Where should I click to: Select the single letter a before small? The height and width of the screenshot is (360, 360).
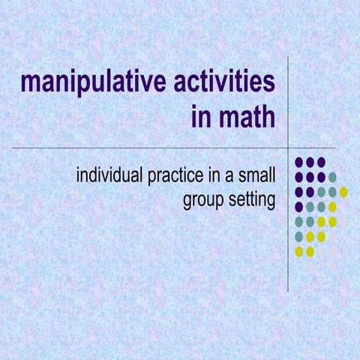235,178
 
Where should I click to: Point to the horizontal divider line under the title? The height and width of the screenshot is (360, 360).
150,148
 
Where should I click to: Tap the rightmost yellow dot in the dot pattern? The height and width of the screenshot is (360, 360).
343,192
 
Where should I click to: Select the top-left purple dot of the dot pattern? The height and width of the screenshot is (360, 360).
299,162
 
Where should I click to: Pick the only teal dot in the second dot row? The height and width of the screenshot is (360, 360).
332,177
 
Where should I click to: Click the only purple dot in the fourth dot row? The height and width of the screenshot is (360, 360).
299,207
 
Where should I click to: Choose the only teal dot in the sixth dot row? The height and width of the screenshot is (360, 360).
299,237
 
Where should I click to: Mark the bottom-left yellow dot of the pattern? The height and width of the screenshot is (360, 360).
299,252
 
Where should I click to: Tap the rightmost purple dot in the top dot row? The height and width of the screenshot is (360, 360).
321,162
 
